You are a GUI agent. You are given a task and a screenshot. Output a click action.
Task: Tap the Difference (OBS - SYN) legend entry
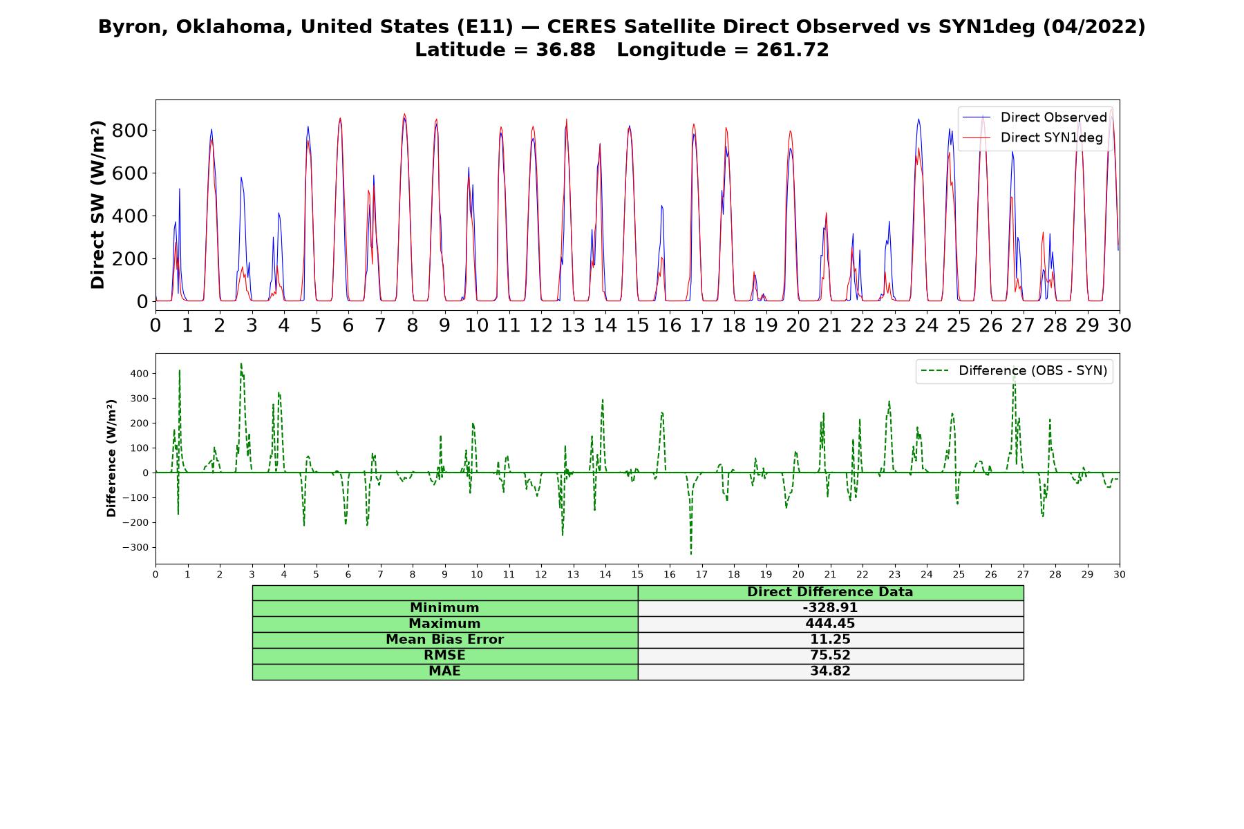pos(1015,371)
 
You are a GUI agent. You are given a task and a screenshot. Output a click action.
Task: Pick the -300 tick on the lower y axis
pos(135,548)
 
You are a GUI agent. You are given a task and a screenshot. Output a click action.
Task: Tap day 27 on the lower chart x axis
pos(1023,575)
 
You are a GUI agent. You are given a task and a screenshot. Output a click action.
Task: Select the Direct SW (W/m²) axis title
pos(98,204)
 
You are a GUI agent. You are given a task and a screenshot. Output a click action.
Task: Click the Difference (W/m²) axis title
pos(111,458)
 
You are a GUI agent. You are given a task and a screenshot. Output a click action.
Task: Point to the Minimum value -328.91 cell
pos(830,608)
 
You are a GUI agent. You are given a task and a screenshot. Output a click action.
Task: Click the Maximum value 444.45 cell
pos(830,624)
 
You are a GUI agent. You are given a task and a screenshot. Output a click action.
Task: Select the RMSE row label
pos(444,656)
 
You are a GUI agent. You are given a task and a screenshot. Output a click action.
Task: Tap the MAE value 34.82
pos(830,671)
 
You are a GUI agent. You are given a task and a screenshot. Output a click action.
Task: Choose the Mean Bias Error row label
pos(444,640)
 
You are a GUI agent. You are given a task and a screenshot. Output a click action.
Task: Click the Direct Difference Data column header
pos(830,592)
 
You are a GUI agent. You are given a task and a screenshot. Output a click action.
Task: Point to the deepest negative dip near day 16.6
pos(690,553)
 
